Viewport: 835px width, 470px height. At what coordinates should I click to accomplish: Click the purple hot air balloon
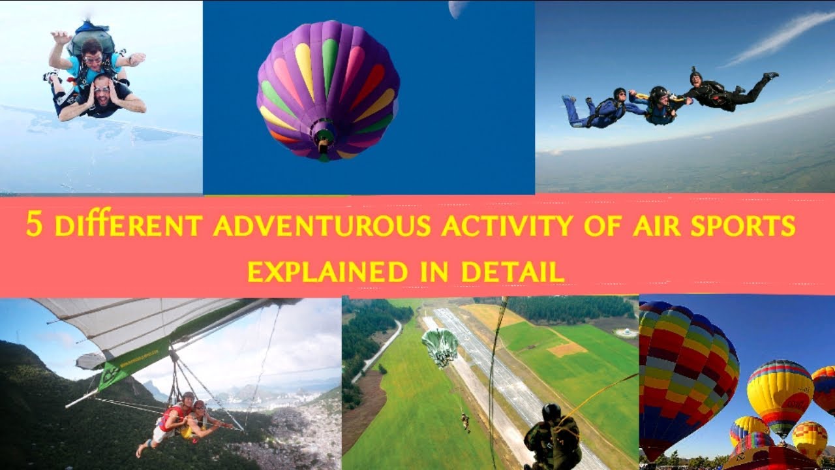(x=328, y=85)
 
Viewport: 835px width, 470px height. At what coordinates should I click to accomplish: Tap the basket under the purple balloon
(x=323, y=135)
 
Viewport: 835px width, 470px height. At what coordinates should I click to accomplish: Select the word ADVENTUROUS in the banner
(x=322, y=227)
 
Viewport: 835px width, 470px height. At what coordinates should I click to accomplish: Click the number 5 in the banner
(x=33, y=225)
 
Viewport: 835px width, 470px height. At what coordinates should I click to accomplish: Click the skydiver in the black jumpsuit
(x=724, y=91)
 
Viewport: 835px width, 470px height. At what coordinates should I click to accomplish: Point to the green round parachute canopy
(x=439, y=346)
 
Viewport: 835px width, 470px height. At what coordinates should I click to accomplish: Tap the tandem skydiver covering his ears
(x=104, y=98)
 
